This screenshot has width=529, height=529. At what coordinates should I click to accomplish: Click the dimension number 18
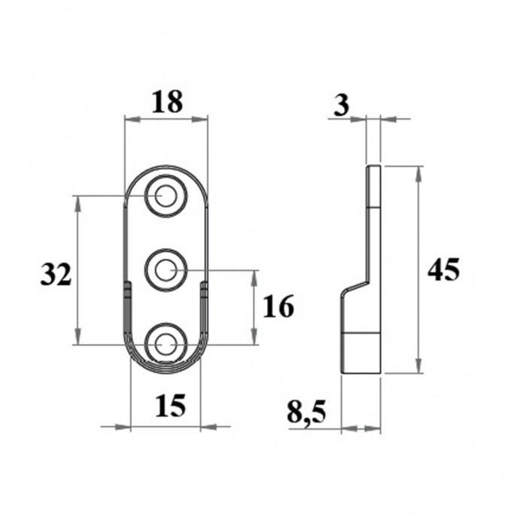point(166,102)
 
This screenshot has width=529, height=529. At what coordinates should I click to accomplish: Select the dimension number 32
point(56,275)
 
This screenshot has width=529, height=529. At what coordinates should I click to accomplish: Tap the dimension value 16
point(278,307)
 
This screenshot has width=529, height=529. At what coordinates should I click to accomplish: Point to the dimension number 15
point(170,406)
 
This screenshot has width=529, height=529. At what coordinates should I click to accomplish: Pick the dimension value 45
point(443,269)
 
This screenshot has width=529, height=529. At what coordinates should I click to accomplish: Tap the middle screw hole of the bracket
point(166,269)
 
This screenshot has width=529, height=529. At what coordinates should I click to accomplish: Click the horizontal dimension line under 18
point(166,119)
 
